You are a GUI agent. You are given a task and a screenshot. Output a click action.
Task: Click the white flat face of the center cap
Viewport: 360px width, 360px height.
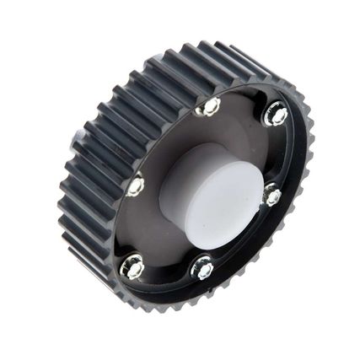click(221, 206)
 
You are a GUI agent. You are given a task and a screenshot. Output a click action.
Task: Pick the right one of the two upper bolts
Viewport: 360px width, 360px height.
click(276, 114)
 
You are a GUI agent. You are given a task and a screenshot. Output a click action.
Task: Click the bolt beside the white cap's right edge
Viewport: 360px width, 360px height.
click(271, 196)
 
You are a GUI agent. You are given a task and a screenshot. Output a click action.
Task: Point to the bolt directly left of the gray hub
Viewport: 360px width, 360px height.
click(135, 185)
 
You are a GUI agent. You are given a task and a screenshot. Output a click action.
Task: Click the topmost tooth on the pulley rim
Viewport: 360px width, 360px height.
click(211, 46)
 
